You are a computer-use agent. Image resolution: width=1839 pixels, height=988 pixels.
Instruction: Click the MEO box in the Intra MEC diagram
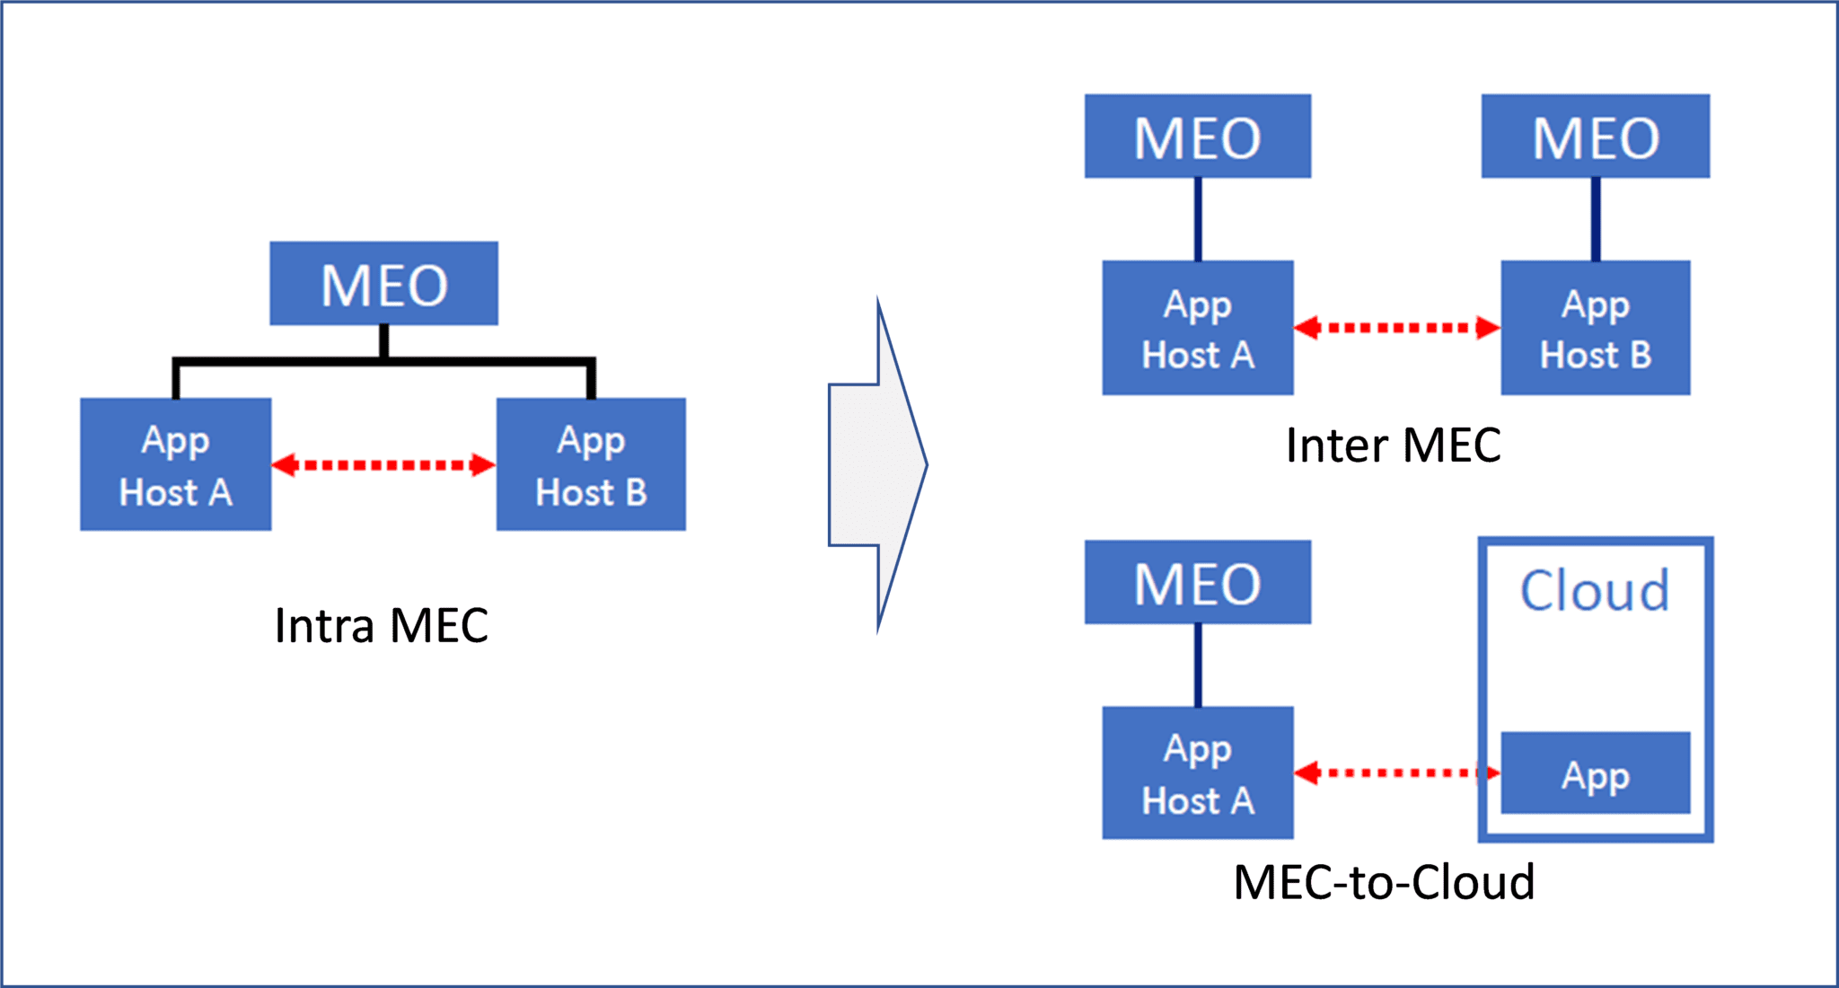pyautogui.click(x=383, y=284)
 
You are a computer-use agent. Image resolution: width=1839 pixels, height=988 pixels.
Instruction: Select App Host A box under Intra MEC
pyautogui.click(x=176, y=464)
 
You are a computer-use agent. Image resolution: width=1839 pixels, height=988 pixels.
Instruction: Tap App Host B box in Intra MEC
pyautogui.click(x=591, y=464)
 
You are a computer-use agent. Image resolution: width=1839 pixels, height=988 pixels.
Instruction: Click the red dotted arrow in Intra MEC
pyautogui.click(x=383, y=464)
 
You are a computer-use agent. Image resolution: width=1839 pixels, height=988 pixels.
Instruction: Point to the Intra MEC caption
pyautogui.click(x=382, y=625)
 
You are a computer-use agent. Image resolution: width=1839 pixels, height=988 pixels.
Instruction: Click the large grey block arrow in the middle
pyautogui.click(x=876, y=464)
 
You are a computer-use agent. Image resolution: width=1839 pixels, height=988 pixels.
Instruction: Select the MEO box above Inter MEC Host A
pyautogui.click(x=1197, y=137)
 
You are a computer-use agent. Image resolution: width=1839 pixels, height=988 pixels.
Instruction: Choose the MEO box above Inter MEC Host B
pyautogui.click(x=1595, y=137)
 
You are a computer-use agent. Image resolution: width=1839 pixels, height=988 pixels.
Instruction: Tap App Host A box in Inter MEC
pyautogui.click(x=1197, y=328)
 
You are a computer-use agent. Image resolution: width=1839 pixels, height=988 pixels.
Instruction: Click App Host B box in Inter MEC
pyautogui.click(x=1595, y=328)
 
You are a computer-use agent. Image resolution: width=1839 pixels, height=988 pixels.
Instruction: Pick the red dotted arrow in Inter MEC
pyautogui.click(x=1396, y=328)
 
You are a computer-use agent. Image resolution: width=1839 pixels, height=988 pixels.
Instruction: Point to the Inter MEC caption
pyautogui.click(x=1393, y=445)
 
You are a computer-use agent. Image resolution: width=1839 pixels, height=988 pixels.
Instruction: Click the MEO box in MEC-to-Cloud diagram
pyautogui.click(x=1197, y=582)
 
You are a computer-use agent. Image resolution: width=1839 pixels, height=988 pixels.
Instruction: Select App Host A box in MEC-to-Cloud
pyautogui.click(x=1197, y=773)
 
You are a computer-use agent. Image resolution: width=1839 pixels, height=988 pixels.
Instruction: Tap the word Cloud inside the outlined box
pyautogui.click(x=1595, y=590)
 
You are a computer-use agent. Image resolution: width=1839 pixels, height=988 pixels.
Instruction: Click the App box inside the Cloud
pyautogui.click(x=1595, y=773)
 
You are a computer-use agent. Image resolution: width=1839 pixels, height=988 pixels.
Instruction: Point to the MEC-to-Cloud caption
pyautogui.click(x=1384, y=882)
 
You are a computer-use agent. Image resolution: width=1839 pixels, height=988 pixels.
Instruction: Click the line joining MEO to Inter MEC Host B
pyautogui.click(x=1596, y=219)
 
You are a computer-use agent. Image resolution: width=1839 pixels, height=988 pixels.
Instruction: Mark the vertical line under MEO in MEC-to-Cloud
pyautogui.click(x=1198, y=665)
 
